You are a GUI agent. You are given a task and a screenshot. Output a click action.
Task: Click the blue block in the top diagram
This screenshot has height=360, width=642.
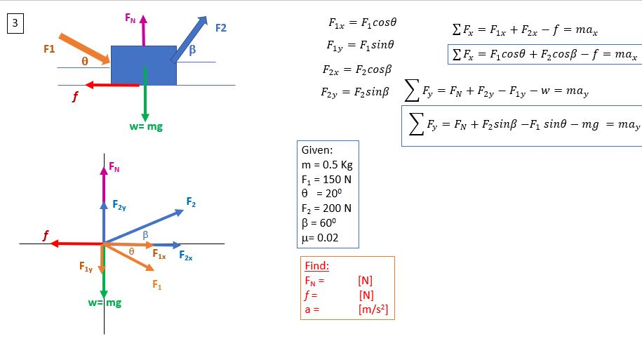click(144, 64)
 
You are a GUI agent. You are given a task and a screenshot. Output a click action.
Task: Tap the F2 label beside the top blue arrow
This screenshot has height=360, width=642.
click(220, 28)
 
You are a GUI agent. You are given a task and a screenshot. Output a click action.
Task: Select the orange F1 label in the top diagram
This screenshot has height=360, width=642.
click(49, 49)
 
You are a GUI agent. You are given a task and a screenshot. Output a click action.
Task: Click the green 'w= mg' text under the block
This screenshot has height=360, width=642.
click(146, 127)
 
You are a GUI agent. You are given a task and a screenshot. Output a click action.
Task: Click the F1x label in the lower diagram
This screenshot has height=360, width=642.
click(159, 255)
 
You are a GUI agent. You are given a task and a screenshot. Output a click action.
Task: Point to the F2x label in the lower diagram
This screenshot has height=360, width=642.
click(186, 256)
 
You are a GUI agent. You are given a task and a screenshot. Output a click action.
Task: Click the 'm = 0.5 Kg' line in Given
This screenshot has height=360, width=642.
click(326, 166)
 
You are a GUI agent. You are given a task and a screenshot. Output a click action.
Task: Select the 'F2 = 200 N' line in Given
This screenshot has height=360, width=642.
click(326, 208)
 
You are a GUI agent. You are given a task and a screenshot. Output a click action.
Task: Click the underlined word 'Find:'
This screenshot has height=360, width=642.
click(316, 267)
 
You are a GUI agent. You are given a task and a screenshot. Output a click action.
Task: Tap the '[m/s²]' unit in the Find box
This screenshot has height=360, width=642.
click(373, 309)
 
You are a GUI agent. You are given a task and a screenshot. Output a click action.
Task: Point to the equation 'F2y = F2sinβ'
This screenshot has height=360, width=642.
click(356, 93)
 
